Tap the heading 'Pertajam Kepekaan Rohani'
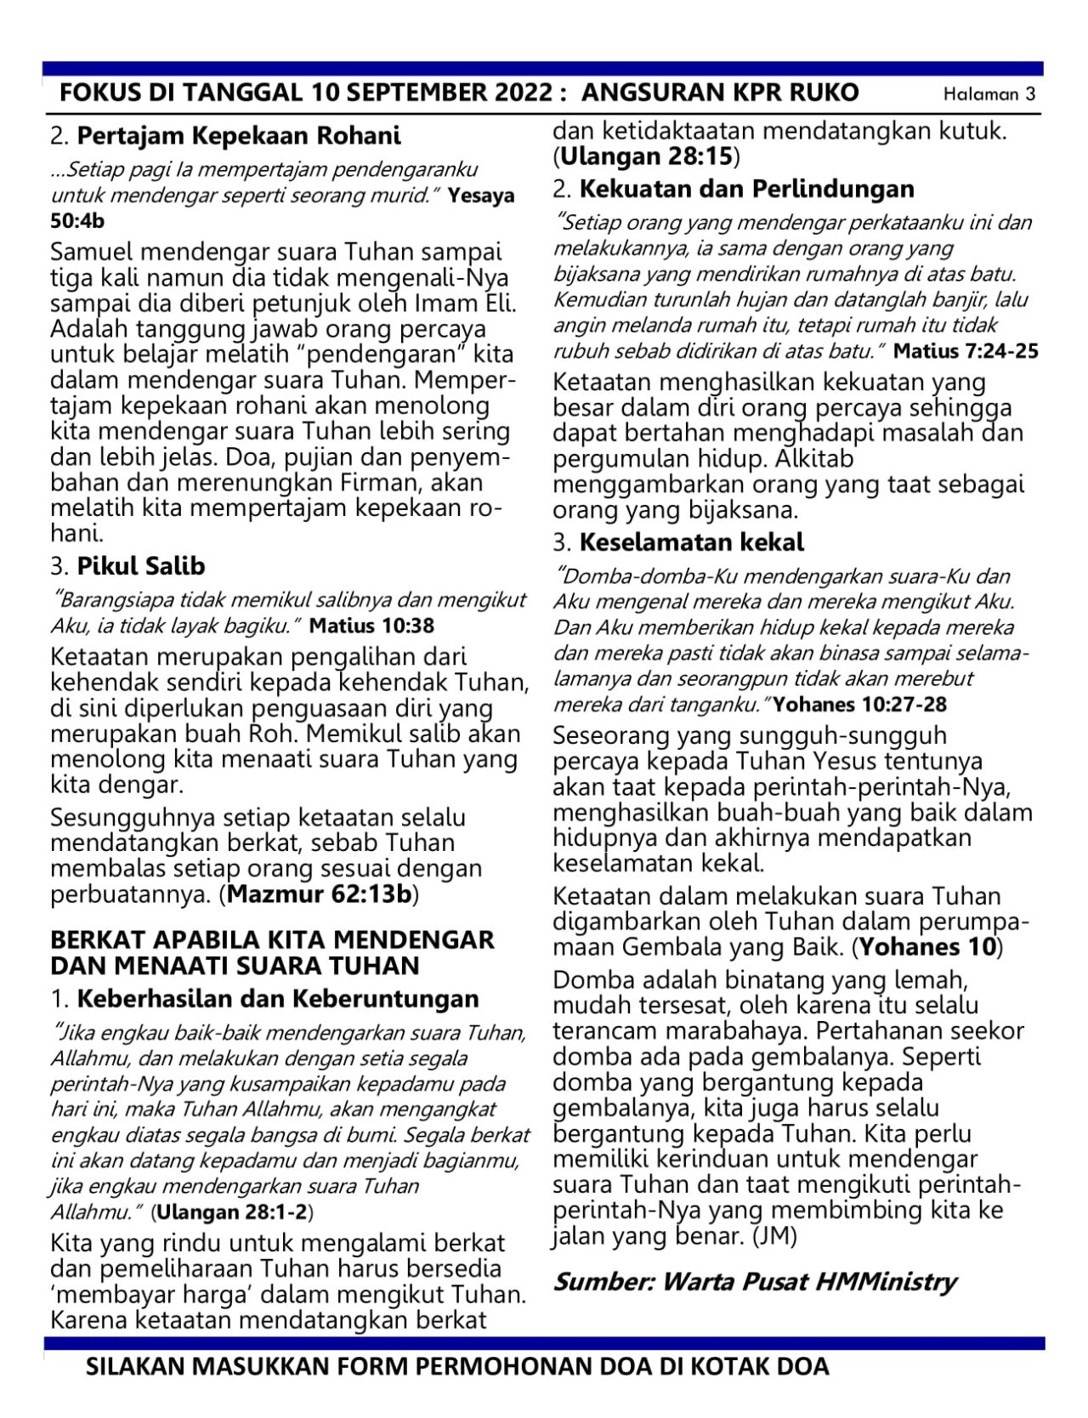pos(239,136)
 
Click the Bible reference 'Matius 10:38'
pos(371,627)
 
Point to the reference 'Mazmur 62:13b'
pos(321,895)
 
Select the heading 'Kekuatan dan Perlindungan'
pos(747,189)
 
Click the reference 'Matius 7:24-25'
pos(966,351)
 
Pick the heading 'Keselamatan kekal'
pos(692,542)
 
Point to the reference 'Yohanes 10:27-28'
pos(861,705)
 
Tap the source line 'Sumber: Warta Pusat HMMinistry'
pos(755,1281)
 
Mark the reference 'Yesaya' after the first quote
pos(481,196)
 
